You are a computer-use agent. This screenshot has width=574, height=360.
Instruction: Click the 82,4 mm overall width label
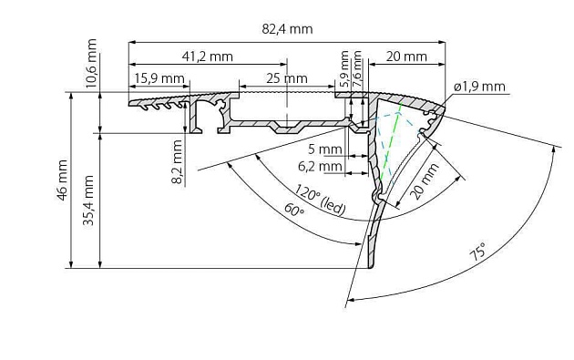click(287, 29)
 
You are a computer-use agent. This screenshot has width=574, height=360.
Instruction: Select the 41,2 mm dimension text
click(207, 57)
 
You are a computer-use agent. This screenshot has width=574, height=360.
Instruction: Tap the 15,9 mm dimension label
click(159, 78)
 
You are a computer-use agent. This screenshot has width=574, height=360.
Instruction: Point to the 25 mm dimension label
click(287, 78)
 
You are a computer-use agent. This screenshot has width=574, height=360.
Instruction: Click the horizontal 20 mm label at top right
click(406, 57)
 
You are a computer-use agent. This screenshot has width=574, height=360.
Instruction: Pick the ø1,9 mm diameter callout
click(479, 87)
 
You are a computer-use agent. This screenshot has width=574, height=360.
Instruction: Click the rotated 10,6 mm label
click(91, 63)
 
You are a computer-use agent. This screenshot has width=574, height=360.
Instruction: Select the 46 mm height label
click(62, 180)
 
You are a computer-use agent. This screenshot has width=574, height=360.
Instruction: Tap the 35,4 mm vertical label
click(88, 200)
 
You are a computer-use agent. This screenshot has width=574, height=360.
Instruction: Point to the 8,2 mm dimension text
click(177, 161)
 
